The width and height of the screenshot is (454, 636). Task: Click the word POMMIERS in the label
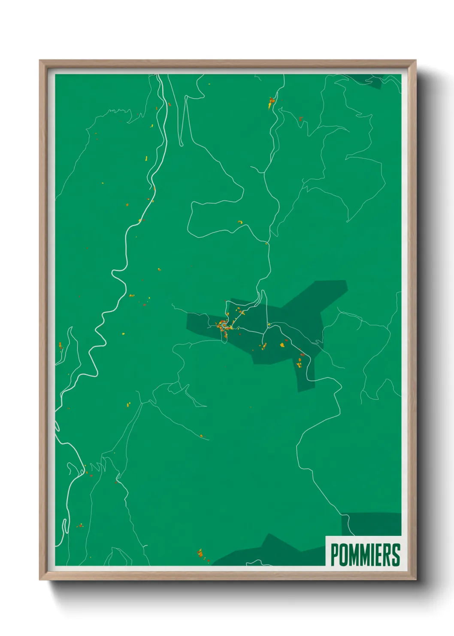point(365,555)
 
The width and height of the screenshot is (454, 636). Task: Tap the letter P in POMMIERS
point(335,555)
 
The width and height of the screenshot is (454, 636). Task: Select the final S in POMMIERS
point(396,555)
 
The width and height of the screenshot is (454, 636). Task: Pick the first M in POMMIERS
point(354,555)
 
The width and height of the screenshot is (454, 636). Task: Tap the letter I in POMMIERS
point(372,555)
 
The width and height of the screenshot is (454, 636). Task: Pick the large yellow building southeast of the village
point(282,344)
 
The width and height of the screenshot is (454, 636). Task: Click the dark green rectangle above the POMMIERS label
point(372,524)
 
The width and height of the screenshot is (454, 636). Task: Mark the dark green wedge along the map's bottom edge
point(270,552)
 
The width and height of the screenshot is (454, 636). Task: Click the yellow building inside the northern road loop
point(240,222)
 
